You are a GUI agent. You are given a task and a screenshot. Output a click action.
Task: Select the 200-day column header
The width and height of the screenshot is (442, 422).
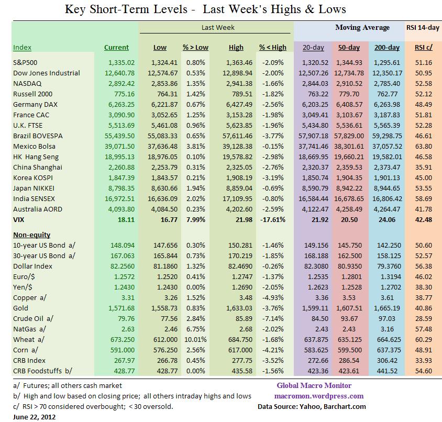tap(387, 48)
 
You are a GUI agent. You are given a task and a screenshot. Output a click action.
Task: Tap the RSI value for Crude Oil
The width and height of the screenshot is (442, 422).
tap(423, 318)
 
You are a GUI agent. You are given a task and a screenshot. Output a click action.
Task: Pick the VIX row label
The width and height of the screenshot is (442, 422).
tap(19, 219)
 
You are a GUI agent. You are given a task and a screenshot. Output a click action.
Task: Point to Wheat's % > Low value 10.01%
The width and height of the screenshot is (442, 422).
tap(196, 339)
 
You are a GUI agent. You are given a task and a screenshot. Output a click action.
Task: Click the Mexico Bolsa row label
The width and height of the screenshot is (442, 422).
tap(34, 146)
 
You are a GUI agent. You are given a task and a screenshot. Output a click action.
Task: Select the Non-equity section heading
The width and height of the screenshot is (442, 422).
tap(31, 235)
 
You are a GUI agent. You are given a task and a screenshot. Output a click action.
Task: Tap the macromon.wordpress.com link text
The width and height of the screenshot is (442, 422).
tap(321, 396)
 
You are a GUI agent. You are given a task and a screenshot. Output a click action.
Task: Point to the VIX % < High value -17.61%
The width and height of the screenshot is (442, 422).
tap(272, 219)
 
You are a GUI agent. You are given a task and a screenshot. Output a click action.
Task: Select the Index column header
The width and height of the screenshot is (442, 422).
tap(22, 48)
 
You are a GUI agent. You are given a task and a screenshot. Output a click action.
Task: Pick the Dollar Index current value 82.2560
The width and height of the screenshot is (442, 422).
tap(122, 266)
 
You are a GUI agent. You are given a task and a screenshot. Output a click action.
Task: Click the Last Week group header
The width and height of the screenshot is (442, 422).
tap(217, 28)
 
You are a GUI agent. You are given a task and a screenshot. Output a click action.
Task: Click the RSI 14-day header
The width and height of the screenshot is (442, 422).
tap(423, 28)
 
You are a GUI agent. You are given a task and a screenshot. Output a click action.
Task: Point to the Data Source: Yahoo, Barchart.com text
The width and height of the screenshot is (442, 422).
tap(312, 406)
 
